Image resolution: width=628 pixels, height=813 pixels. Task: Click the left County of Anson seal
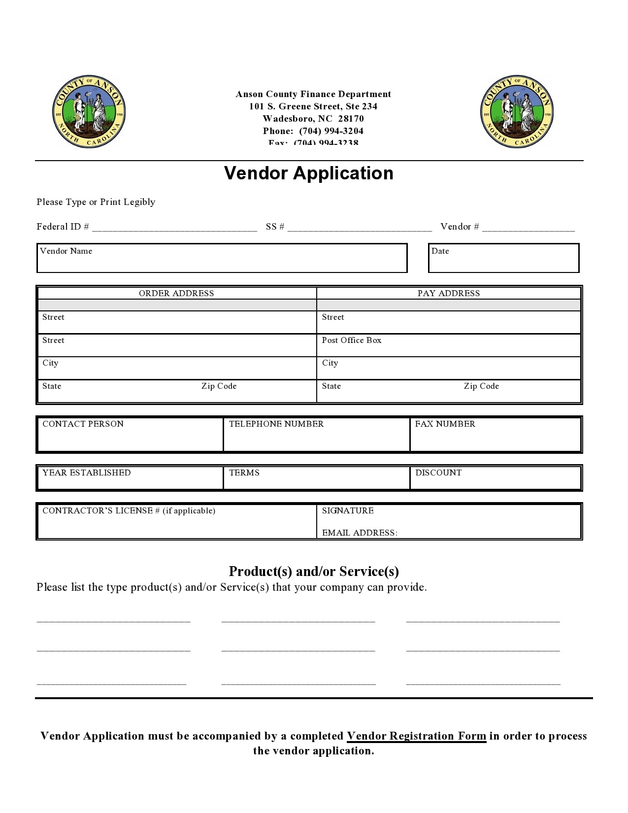[89, 112]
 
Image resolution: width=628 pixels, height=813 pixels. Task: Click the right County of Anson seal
[517, 112]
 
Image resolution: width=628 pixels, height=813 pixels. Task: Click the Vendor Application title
[309, 173]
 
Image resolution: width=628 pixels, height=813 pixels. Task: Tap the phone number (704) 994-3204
[331, 131]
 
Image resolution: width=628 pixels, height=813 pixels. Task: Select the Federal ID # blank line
[174, 228]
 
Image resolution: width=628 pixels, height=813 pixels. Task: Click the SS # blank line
[360, 228]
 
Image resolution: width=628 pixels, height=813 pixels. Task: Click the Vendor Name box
[222, 258]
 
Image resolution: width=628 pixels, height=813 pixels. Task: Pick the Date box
[503, 258]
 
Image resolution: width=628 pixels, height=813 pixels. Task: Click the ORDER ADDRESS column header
[176, 293]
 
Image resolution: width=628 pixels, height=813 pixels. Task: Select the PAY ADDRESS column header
[448, 293]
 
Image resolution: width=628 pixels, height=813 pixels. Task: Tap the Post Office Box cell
[448, 345]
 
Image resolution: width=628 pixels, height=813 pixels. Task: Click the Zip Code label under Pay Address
[481, 386]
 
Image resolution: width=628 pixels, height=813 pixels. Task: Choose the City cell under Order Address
[176, 368]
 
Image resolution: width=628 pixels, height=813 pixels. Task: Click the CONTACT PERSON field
[130, 434]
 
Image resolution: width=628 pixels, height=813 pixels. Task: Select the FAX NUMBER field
[495, 434]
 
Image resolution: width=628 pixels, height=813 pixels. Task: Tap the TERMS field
[316, 478]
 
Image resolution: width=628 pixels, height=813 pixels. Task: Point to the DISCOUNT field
[495, 478]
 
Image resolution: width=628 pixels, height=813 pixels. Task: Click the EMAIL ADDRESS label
[360, 533]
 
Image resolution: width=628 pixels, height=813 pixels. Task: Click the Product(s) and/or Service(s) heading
[314, 572]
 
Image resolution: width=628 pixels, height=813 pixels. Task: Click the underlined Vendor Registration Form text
[416, 736]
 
